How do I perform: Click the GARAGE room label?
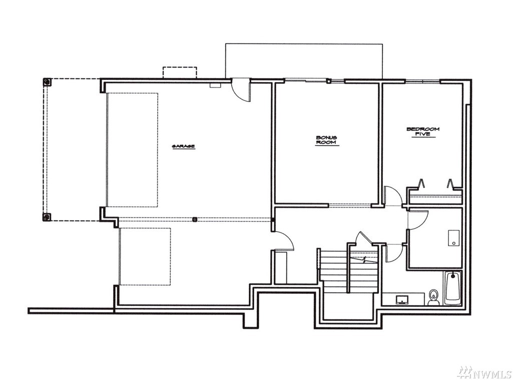click(184, 146)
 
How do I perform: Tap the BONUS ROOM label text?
click(326, 140)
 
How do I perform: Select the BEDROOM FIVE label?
click(423, 132)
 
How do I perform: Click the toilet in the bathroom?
click(434, 297)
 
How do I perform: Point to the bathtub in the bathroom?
click(453, 288)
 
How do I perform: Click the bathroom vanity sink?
click(402, 300)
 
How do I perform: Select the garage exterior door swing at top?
click(241, 89)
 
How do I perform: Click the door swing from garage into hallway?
click(283, 241)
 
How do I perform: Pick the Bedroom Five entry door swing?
click(393, 196)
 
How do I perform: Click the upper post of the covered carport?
click(47, 81)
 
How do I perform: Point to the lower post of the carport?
click(47, 216)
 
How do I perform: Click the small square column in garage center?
click(195, 218)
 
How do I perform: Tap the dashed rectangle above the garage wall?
click(180, 72)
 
